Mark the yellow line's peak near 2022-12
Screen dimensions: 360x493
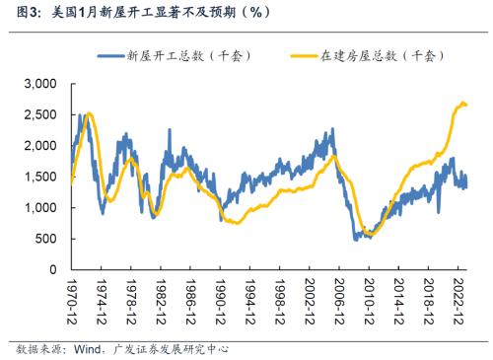pos(461,102)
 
